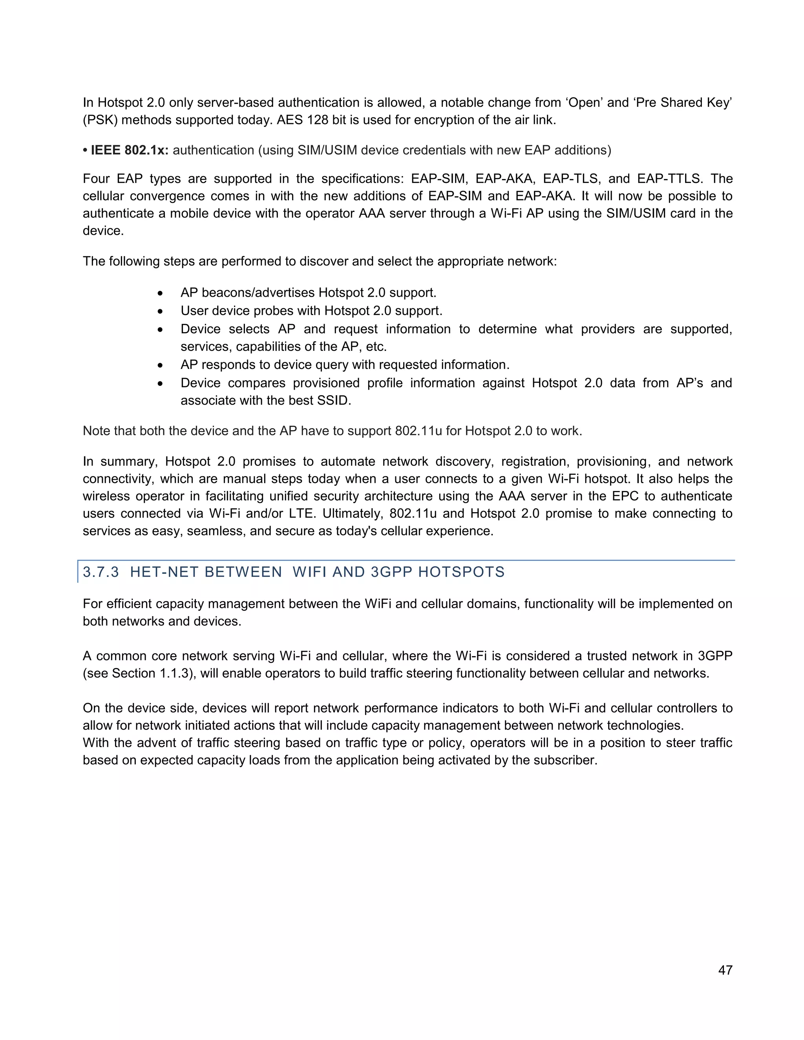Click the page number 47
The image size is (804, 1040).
click(725, 970)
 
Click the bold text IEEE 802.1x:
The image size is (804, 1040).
click(130, 150)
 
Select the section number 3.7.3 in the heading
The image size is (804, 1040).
click(100, 571)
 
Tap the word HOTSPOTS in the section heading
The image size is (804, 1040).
click(461, 571)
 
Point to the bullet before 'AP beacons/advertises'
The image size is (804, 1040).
click(161, 293)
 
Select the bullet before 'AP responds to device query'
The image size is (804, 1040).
click(161, 365)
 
